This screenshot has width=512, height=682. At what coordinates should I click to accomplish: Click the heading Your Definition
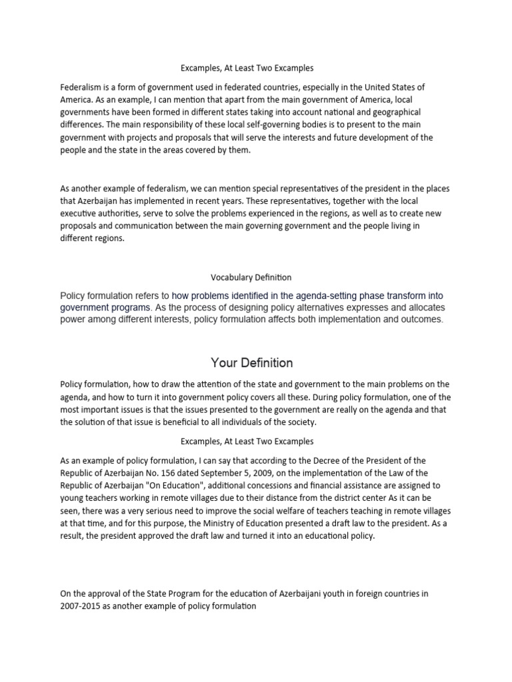(x=251, y=363)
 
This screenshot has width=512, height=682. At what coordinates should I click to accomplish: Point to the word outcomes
(x=419, y=320)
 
